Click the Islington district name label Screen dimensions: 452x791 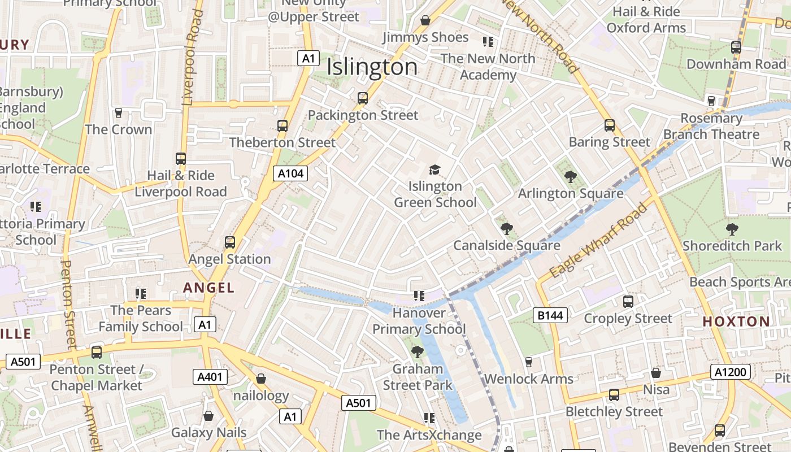[x=372, y=67]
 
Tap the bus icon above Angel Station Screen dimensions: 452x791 [x=230, y=242]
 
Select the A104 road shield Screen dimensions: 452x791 [x=292, y=173]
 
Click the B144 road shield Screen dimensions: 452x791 [x=550, y=315]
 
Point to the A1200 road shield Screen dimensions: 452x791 [x=731, y=372]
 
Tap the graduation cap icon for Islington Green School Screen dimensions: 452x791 [x=434, y=169]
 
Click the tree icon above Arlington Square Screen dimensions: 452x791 [x=571, y=177]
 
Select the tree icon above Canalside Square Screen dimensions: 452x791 [x=506, y=229]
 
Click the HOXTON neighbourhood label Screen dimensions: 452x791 [x=736, y=321]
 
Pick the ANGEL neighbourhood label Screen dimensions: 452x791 [x=208, y=288]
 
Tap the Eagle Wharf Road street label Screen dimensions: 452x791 [x=598, y=241]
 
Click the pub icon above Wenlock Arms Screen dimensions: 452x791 [x=529, y=362]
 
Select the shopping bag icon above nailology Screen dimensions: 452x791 [x=261, y=379]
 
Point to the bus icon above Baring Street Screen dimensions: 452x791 [x=610, y=125]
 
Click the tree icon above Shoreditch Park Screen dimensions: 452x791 [x=732, y=229]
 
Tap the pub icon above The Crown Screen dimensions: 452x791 [x=119, y=113]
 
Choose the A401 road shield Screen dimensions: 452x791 [x=210, y=377]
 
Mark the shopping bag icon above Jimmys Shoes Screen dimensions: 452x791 [x=425, y=21]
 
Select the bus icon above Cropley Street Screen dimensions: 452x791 [x=628, y=302]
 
